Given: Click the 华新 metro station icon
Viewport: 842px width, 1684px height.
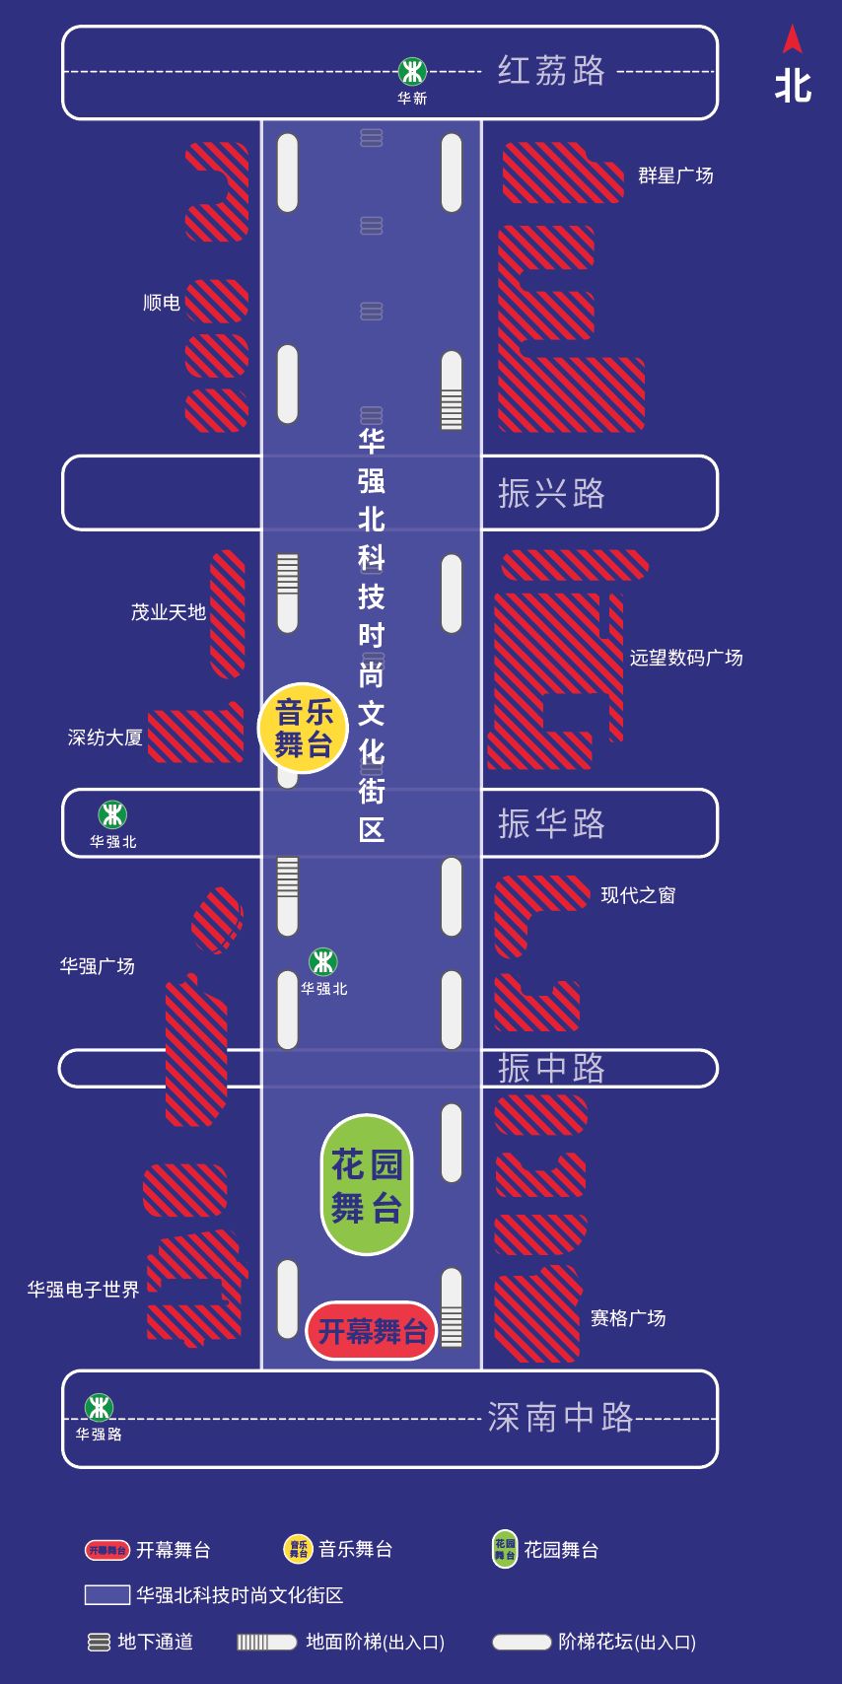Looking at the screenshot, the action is click(412, 71).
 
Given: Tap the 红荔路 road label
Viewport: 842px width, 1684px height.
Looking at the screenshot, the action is click(551, 71).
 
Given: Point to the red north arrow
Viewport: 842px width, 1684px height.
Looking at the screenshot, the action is click(793, 38).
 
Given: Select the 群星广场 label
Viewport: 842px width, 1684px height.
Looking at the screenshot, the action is click(675, 175).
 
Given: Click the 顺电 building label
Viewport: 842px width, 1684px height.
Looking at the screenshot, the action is click(162, 303).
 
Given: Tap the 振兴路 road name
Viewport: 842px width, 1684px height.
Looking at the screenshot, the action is click(551, 493).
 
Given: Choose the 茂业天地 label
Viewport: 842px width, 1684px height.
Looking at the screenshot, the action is click(169, 612).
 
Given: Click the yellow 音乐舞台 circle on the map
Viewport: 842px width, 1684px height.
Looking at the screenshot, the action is click(303, 728).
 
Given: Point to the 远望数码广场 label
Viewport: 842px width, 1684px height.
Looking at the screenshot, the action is click(686, 658).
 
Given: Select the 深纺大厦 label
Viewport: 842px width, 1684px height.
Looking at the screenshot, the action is click(105, 737).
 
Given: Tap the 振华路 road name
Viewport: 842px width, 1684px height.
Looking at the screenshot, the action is click(551, 823).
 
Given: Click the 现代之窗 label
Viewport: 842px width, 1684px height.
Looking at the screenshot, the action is click(638, 894).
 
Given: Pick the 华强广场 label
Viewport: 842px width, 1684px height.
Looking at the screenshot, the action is click(97, 966).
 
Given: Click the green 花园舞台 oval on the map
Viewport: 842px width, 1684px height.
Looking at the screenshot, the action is click(367, 1185).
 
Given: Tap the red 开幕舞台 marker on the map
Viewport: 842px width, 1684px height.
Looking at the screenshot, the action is click(372, 1331).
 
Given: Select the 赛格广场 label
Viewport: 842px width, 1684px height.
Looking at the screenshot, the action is click(628, 1318).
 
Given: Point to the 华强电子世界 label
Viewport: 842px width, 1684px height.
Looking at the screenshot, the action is click(84, 1290).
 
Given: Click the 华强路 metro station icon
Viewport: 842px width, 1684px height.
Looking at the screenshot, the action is click(99, 1407).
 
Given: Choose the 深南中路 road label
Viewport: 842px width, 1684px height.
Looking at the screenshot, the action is click(560, 1417).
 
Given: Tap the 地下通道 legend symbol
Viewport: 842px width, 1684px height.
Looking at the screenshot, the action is click(100, 1642).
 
